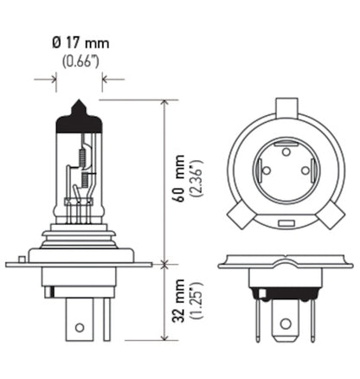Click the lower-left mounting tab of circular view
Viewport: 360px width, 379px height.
(238, 215)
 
